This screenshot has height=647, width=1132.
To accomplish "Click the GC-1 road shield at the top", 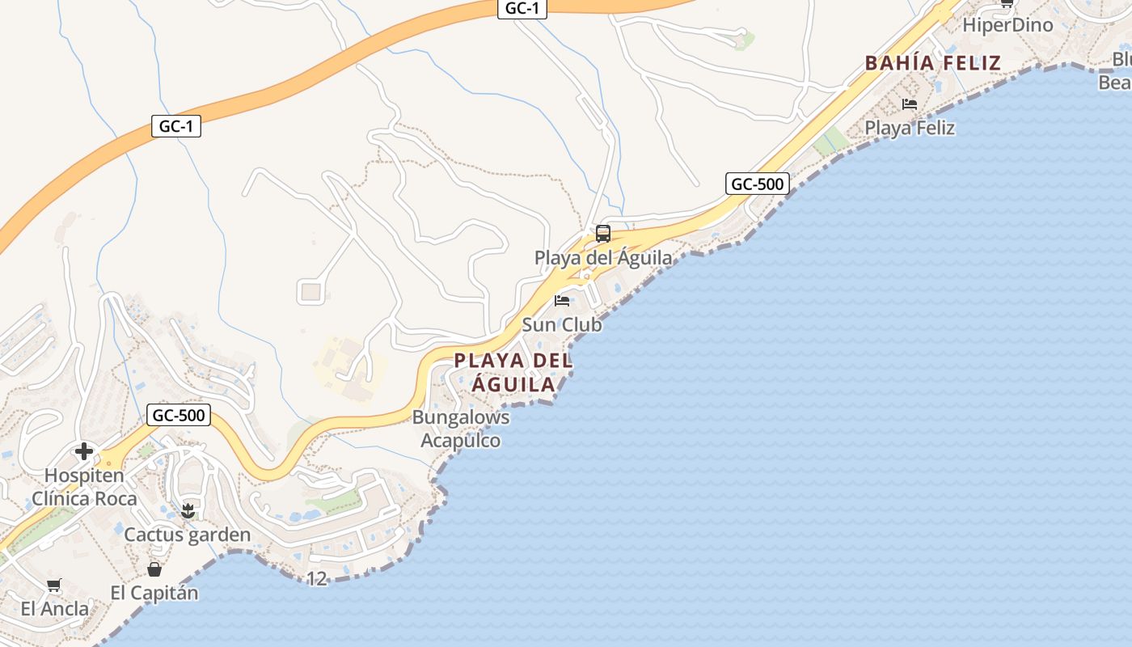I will tap(522, 9).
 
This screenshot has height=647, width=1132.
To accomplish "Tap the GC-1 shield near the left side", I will tap(175, 126).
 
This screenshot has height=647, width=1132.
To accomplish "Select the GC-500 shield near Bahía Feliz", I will tap(757, 184).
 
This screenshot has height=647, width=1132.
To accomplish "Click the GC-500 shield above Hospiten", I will tap(179, 416).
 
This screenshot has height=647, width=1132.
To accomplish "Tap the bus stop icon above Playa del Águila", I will tap(602, 234).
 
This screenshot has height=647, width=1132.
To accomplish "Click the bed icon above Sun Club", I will tap(562, 301).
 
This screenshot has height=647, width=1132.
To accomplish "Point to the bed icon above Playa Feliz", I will tap(910, 104).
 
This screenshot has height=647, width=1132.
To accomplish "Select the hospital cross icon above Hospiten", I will tap(83, 451).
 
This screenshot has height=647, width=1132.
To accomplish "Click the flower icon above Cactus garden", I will tap(188, 510).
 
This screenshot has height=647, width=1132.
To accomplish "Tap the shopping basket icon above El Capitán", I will tap(154, 569).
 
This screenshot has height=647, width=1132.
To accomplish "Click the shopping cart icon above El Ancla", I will tap(53, 585).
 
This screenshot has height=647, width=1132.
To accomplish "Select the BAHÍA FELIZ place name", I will tap(932, 62).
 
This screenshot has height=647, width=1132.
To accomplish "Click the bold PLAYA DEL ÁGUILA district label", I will tap(513, 372).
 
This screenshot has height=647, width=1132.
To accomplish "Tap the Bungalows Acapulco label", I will tap(461, 429).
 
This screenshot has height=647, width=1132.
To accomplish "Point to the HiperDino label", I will tap(1007, 25).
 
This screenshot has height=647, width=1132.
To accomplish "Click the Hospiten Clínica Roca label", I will tap(84, 487).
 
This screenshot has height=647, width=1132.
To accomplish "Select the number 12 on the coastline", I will tap(317, 578).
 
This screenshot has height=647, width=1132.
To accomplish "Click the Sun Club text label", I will tap(562, 324).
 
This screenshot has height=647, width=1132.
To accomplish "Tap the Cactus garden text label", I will tap(187, 535).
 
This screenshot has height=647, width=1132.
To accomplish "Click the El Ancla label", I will tap(55, 609).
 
